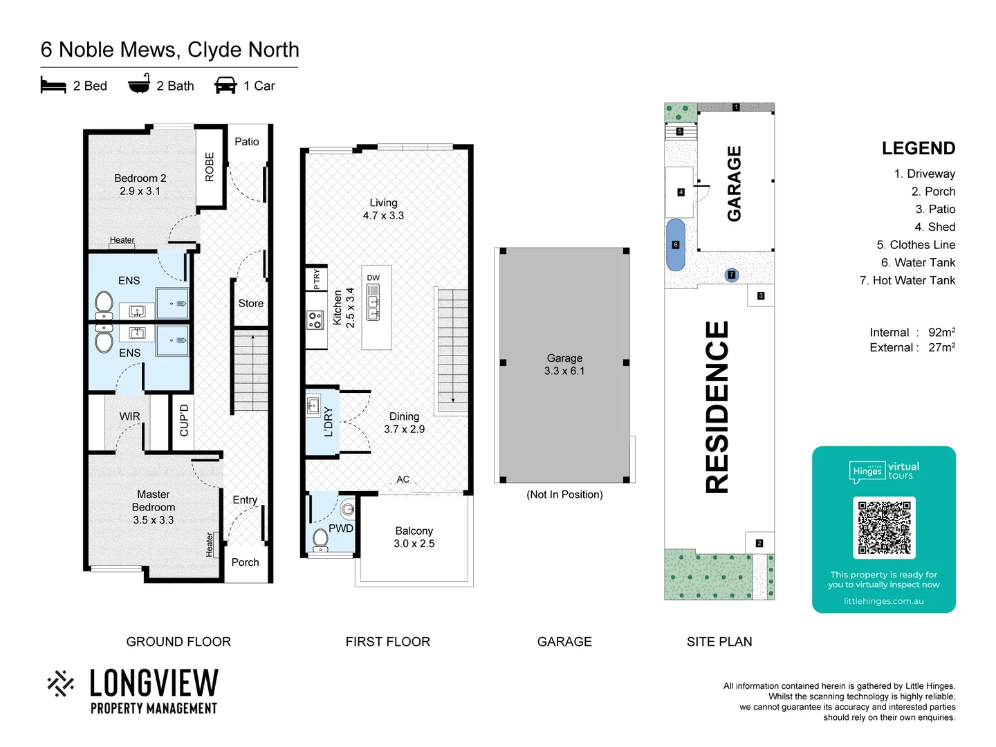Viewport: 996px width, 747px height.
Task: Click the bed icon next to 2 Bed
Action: [x=53, y=86]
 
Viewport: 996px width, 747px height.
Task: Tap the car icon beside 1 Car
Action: [x=225, y=86]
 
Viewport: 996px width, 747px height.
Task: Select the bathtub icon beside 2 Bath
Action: [x=139, y=84]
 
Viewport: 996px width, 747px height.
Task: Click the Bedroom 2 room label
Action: [x=140, y=185]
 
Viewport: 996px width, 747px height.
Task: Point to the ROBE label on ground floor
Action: [x=210, y=167]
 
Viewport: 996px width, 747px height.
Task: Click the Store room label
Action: [x=250, y=304]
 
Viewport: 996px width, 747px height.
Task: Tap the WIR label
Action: [x=129, y=416]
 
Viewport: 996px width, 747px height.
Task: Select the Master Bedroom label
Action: [x=154, y=507]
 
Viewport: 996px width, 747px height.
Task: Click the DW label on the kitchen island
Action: [x=373, y=278]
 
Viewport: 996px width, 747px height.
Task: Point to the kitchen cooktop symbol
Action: [x=315, y=320]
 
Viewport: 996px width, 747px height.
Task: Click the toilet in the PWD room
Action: [x=320, y=537]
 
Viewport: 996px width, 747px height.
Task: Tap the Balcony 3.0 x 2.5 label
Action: [x=414, y=537]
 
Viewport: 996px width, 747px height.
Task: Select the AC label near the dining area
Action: [x=403, y=479]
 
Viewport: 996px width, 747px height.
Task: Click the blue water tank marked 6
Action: [x=676, y=245]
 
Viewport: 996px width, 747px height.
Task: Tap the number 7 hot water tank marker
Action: [x=732, y=275]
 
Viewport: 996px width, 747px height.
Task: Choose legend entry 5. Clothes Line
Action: [x=916, y=245]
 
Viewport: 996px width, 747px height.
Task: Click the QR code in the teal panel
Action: [x=884, y=527]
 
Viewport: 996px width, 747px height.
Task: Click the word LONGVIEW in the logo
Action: [x=154, y=683]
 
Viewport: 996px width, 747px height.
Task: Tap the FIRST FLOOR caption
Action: [x=387, y=642]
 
